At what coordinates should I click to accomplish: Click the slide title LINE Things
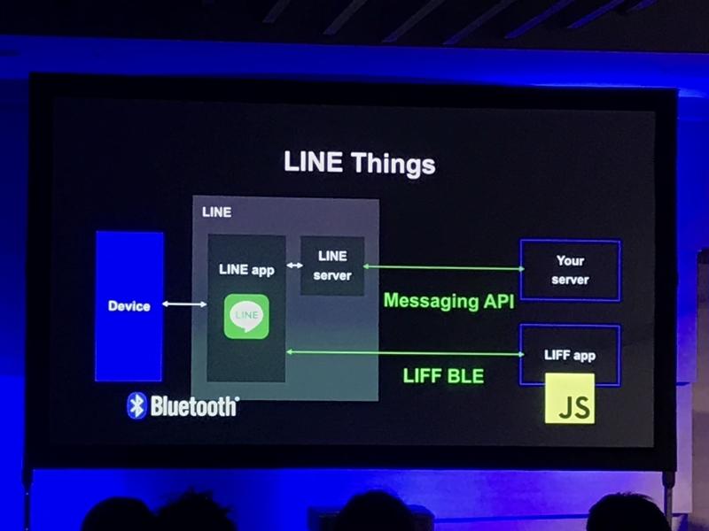coord(359,163)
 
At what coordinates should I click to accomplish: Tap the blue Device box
coord(129,305)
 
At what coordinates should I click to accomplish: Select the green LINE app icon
coord(246,316)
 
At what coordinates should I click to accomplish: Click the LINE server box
coord(332,265)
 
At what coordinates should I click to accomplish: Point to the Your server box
coord(570,270)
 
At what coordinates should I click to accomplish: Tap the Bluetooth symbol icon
coord(136,405)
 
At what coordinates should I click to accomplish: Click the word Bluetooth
coord(194,406)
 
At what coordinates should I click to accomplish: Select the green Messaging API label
coord(448,301)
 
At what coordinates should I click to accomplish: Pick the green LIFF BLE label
coord(443,376)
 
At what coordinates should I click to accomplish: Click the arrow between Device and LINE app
coord(185,305)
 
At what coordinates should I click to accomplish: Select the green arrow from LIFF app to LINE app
coord(403,353)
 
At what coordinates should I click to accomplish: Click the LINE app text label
coord(246,270)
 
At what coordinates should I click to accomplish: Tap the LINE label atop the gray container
coord(217,212)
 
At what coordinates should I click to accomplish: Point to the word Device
coord(129,306)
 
